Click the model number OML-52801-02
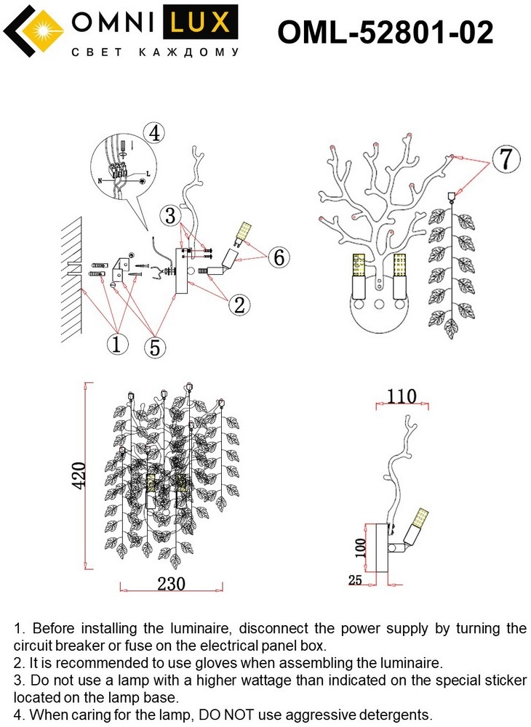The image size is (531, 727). pos(386,32)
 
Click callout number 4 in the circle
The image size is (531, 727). pos(153,134)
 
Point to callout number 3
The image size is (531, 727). pos(170,216)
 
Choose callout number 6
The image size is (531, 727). pos(279,257)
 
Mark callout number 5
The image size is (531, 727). pos(153,347)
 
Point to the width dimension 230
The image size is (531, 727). pos(171,584)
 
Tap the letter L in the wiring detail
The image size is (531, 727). pos(148,174)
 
